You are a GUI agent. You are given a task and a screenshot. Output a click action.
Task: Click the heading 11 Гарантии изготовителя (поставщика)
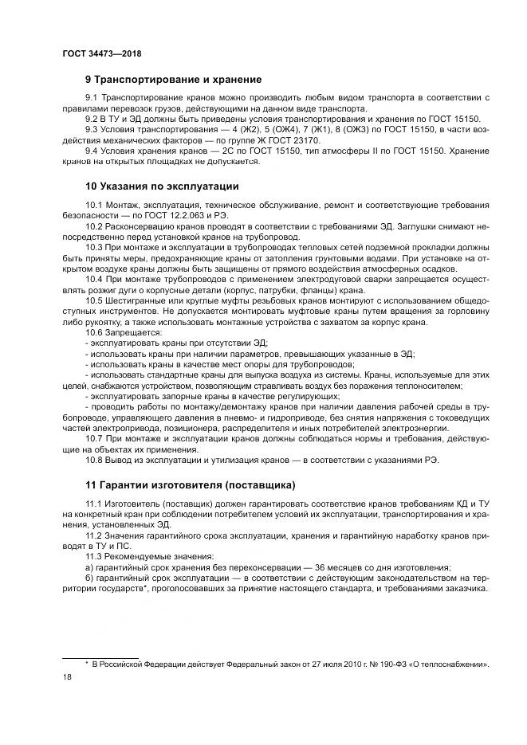pyautogui.click(x=191, y=484)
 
